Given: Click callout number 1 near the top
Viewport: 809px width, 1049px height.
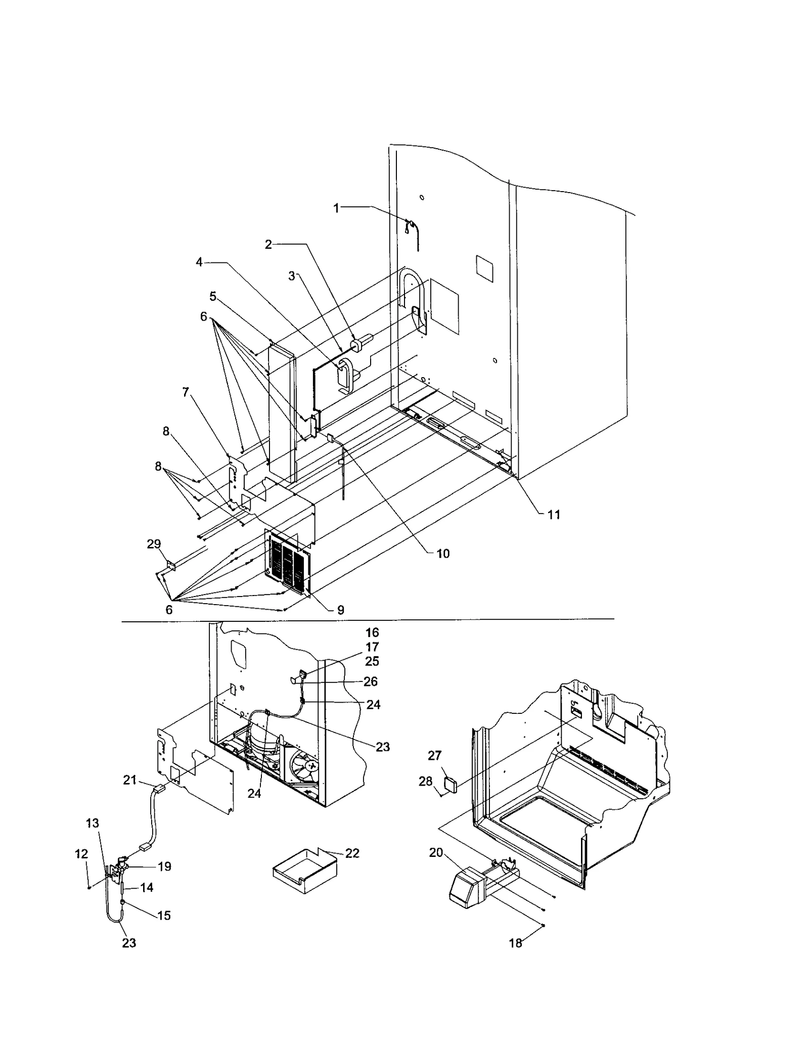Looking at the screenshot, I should coord(336,208).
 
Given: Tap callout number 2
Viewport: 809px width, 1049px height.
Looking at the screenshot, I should coord(268,245).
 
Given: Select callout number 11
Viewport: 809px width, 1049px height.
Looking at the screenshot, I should coord(554,515).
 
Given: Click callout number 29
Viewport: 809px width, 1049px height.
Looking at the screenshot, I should coord(154,544).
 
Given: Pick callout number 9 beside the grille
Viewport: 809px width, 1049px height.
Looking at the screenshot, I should coord(340,610).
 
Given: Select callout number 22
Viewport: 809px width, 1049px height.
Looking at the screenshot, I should coord(352,853).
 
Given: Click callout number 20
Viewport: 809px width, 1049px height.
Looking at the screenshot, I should coord(436,852).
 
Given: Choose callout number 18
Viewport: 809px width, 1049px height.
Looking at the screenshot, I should coord(515,943).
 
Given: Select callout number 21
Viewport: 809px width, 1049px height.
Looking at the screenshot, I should coord(130,780).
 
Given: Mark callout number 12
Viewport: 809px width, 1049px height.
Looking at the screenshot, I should coord(81,854).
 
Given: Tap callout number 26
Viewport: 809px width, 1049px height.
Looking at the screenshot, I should coord(371,681).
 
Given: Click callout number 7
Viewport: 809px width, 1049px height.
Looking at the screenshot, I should coord(186,392).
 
